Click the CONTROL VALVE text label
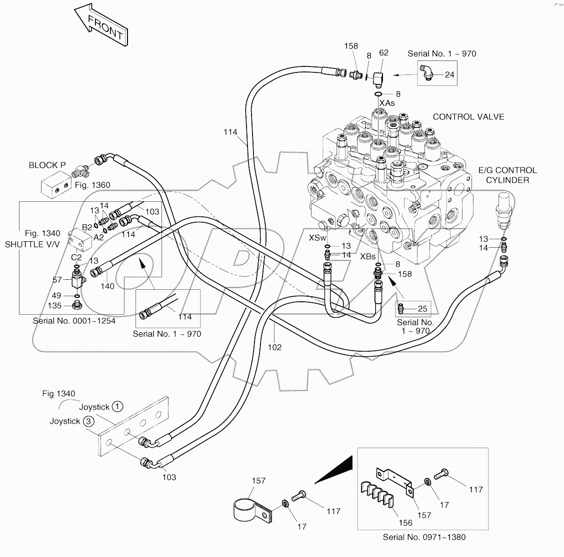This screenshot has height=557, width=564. [x=468, y=117]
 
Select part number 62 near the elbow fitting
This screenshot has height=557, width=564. [x=383, y=52]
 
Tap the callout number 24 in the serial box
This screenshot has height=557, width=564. [x=449, y=75]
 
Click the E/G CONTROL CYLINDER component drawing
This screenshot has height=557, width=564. [x=504, y=210]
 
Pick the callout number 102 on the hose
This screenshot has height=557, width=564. [x=274, y=347]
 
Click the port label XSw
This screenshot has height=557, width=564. [x=317, y=238]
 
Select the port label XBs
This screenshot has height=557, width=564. [x=368, y=256]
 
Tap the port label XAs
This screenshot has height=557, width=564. [x=387, y=103]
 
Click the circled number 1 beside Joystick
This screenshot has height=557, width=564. [x=116, y=407]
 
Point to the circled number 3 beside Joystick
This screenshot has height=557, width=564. [x=88, y=421]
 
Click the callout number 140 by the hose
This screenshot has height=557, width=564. [x=107, y=286]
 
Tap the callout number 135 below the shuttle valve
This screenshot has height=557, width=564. [x=55, y=306]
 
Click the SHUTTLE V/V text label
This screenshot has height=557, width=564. [x=32, y=244]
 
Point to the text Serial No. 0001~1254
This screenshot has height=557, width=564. [x=74, y=321]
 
